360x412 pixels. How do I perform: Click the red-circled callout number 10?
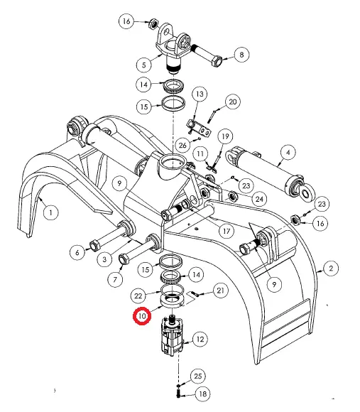click(142, 316)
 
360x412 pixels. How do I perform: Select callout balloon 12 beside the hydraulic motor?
click(200, 340)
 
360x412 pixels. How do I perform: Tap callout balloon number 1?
click(50, 212)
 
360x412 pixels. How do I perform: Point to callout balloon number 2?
click(331, 269)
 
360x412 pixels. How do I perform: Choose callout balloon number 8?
click(241, 55)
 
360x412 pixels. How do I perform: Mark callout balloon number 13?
click(200, 94)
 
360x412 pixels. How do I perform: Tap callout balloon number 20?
click(233, 102)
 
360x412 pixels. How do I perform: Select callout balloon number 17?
click(227, 231)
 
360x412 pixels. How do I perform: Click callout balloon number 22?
click(138, 296)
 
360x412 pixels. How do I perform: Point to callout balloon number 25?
click(197, 376)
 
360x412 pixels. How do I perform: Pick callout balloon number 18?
click(202, 394)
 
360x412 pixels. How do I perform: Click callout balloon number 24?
click(259, 199)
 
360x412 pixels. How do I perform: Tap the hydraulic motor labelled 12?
click(172, 336)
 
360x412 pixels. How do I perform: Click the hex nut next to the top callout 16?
click(153, 24)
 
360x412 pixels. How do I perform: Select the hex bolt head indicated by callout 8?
click(217, 62)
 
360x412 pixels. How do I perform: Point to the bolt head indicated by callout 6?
click(94, 246)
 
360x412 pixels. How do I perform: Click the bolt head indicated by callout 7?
click(124, 259)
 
